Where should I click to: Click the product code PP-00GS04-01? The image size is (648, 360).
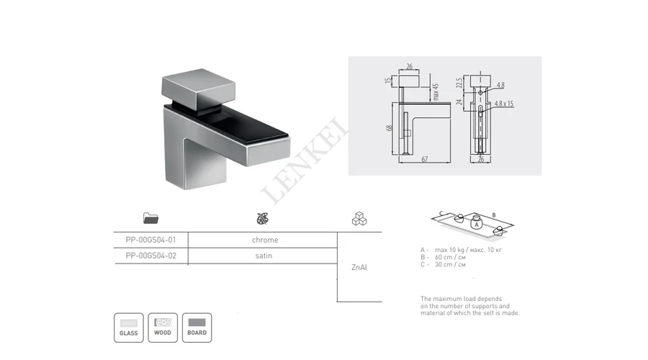click(151, 240)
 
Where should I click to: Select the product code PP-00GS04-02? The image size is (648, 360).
click(151, 256)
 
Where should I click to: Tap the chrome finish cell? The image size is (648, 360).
click(265, 240)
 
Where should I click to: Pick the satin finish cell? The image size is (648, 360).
click(264, 256)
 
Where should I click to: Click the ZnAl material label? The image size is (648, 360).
click(359, 267)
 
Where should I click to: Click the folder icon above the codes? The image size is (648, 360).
click(150, 218)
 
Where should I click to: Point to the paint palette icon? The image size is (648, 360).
click(262, 219)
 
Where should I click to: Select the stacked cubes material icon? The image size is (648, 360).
click(359, 219)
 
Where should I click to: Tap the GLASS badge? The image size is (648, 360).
click(129, 328)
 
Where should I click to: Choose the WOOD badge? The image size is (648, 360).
click(163, 328)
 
